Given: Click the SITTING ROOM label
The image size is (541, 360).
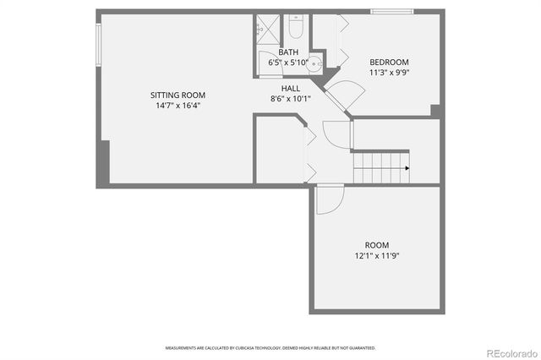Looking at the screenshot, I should coord(178,95).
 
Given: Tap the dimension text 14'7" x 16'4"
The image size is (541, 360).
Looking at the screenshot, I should coord(178,106).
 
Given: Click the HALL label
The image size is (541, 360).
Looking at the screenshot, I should coord(291,88).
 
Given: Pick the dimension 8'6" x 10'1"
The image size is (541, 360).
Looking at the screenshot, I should coord(291,98).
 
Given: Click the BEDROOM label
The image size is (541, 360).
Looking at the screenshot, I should coord(389,62).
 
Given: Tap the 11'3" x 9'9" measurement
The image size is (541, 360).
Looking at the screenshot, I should coord(389,73).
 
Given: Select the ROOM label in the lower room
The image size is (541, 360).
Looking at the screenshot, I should coord(377,245).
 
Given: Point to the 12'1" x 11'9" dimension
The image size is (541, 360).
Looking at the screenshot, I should coord(377,256).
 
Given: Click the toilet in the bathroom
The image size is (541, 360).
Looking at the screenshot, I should coord(296,30).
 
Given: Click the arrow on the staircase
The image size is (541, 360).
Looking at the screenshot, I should coord(407,168).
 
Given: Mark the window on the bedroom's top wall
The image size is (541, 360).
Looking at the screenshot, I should coord(391,12).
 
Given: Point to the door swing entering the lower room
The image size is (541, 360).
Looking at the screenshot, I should coord(330,199).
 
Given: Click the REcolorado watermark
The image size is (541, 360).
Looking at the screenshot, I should coord(507,352).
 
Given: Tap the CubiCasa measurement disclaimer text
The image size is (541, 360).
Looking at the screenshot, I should coord(270,347).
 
